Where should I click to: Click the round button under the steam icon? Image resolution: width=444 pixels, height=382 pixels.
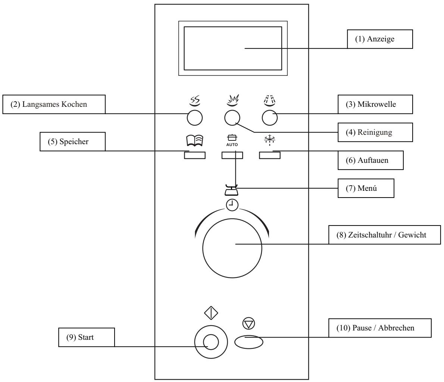click(194, 118)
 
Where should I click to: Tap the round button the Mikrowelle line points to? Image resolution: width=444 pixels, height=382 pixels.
click(270, 118)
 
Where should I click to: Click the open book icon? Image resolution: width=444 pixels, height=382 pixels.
click(195, 141)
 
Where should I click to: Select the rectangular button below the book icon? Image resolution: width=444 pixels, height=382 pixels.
click(195, 155)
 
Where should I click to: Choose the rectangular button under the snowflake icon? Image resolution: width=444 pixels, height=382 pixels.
click(270, 155)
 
